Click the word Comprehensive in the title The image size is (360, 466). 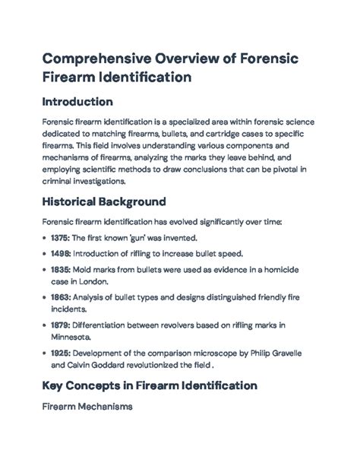tap(95, 59)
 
